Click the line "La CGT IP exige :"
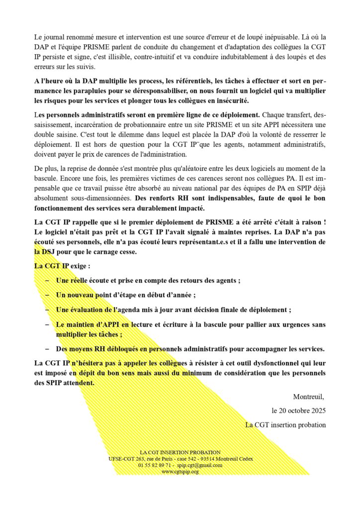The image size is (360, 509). pos(62,266)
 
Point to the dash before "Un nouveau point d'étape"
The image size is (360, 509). pos(47,295)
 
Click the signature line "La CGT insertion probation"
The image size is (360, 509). pos(285,425)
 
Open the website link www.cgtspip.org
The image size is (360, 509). pos(180,472)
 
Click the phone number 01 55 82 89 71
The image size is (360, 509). pos(156,465)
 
